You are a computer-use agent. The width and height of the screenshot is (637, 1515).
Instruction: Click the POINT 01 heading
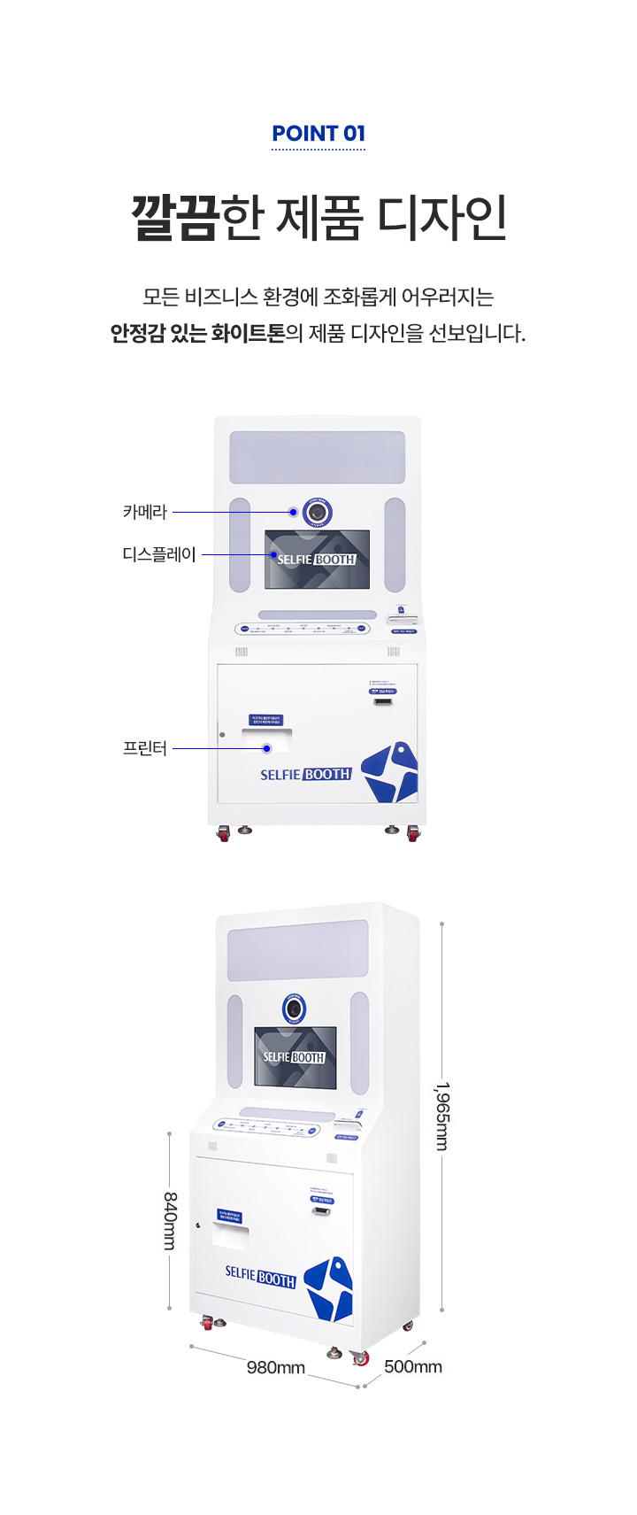[318, 134]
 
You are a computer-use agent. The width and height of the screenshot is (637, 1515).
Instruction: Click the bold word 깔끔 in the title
[174, 218]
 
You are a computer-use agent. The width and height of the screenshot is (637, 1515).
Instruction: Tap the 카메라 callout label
[144, 512]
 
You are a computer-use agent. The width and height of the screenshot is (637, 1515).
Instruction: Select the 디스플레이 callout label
[159, 555]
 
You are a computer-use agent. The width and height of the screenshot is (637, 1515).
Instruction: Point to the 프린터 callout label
[144, 748]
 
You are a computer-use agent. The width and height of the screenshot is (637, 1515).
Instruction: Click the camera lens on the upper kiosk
[317, 513]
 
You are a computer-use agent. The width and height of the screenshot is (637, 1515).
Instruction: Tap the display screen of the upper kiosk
[317, 560]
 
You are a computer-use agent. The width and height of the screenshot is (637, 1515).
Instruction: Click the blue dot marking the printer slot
[265, 748]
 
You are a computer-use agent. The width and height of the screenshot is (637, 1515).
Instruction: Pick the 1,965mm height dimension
[441, 1117]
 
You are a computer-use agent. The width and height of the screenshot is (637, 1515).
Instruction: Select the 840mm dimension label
[169, 1220]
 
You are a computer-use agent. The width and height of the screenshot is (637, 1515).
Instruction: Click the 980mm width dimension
[276, 1368]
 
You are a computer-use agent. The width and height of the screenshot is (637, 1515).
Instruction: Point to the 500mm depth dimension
[413, 1367]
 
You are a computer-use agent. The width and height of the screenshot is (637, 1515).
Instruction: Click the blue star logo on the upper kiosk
[390, 772]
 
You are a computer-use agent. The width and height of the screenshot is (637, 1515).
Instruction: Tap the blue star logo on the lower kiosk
[329, 1289]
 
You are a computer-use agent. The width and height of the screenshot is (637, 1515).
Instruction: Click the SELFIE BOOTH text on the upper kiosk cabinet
[305, 774]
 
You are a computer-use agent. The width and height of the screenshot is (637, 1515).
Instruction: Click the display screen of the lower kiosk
[295, 1057]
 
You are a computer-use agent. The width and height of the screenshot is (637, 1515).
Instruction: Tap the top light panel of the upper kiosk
[317, 457]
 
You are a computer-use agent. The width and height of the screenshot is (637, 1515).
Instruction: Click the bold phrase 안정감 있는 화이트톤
[197, 334]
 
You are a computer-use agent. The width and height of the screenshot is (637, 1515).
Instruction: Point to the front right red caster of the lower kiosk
[361, 1358]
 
